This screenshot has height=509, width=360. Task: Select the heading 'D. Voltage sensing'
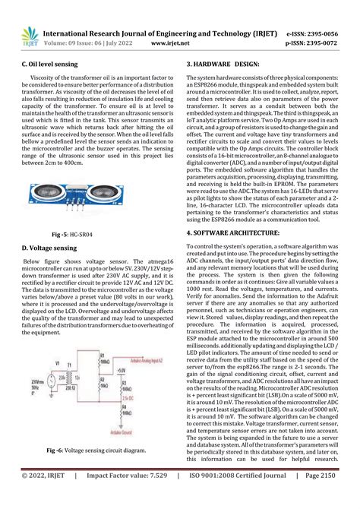[50, 248]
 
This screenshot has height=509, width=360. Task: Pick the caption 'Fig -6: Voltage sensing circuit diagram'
[96, 451]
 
